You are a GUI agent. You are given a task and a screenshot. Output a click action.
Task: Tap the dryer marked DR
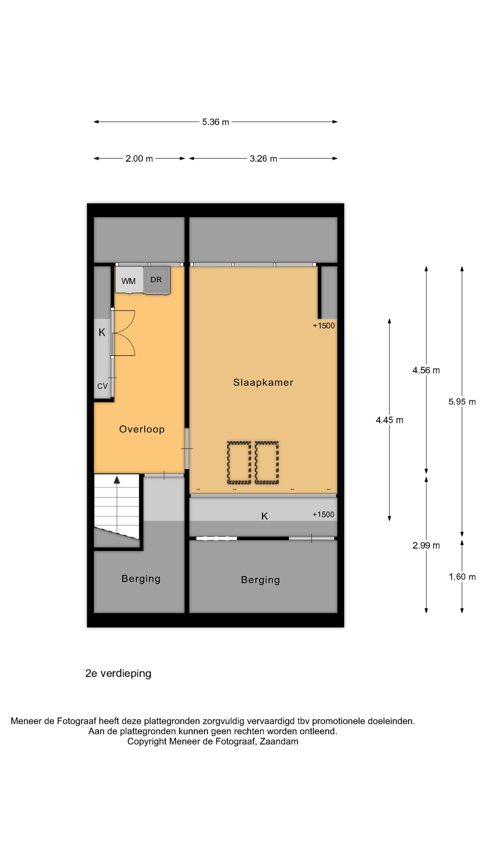[x=157, y=280]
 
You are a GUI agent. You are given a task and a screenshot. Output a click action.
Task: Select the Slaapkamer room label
[x=263, y=382]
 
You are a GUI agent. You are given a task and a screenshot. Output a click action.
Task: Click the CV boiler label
[x=102, y=386]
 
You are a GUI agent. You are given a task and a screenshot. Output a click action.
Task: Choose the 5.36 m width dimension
[x=216, y=122]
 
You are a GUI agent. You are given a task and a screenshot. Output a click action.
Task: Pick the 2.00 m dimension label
[x=139, y=159]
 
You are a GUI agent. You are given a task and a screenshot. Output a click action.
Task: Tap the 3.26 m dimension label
[x=263, y=159]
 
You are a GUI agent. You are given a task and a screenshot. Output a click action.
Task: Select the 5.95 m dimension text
[x=462, y=402]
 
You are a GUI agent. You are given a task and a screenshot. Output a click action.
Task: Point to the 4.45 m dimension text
[x=389, y=420]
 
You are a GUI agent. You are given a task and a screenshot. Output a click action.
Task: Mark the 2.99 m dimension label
[x=426, y=545]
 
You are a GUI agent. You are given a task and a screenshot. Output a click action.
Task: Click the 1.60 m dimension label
[x=462, y=577]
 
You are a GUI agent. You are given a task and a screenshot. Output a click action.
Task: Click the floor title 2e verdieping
[x=118, y=673]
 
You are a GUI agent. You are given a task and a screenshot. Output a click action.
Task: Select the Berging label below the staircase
[x=141, y=579]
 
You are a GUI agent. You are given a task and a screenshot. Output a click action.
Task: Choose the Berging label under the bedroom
[x=261, y=580]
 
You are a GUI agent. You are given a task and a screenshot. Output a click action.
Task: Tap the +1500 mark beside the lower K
[x=323, y=514]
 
